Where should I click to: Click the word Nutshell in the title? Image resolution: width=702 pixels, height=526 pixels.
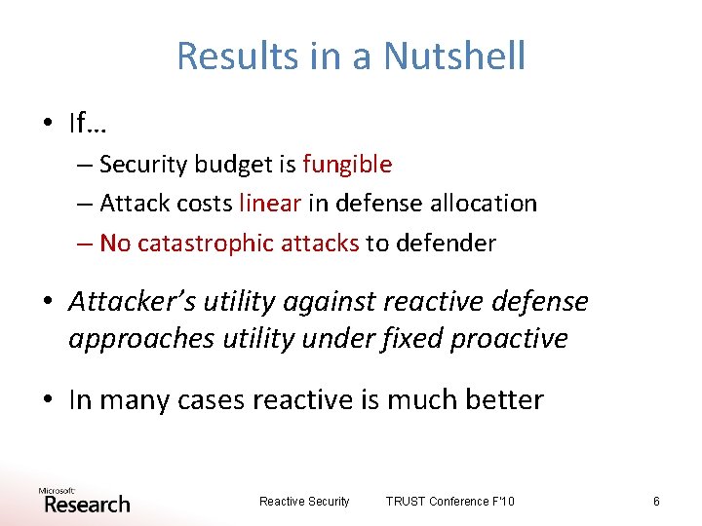pyautogui.click(x=454, y=56)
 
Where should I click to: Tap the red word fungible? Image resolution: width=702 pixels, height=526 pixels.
pyautogui.click(x=347, y=165)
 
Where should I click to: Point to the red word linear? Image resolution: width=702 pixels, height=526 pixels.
pyautogui.click(x=270, y=204)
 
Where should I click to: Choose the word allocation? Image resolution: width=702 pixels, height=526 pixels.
pyautogui.click(x=485, y=204)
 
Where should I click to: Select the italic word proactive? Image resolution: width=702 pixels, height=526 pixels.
pyautogui.click(x=515, y=338)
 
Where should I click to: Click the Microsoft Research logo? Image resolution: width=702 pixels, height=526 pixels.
pyautogui.click(x=84, y=500)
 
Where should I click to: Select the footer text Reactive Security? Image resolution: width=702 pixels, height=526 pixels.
pyautogui.click(x=304, y=502)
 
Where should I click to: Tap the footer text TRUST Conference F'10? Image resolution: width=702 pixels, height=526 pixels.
pyautogui.click(x=449, y=502)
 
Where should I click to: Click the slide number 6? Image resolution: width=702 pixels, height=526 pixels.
pyautogui.click(x=656, y=502)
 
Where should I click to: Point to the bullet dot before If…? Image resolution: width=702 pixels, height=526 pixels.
pyautogui.click(x=49, y=125)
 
